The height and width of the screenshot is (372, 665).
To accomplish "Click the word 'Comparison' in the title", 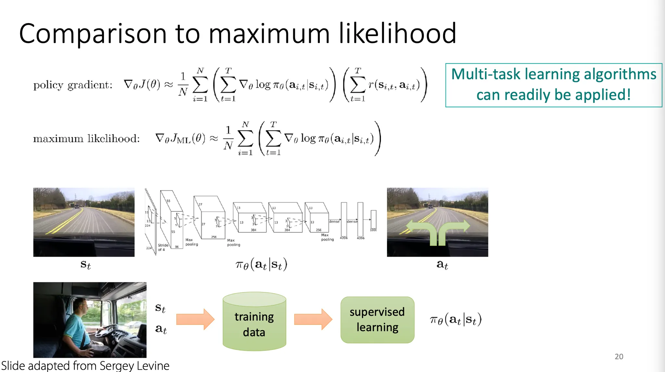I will pos(93,34).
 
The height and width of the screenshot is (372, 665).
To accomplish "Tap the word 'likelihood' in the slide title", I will pos(397,33).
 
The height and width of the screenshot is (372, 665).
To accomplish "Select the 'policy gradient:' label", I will pos(73,85).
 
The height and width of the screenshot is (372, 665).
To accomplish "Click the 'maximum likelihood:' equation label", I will pos(86,139).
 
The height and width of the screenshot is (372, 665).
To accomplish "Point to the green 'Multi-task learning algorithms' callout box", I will pos(554,85).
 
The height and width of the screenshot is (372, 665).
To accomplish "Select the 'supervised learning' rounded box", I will pos(377,320).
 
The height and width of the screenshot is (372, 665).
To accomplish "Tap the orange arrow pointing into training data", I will pos(195,319).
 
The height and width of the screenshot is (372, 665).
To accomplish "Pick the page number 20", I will pos(619,356).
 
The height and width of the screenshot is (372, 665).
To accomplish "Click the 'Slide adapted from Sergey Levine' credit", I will pos(85,366).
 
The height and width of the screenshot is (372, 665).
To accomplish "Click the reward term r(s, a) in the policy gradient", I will pos(394,85).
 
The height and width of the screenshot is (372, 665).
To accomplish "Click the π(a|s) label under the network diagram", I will pos(261,265).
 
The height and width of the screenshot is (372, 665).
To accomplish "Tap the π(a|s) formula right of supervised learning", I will pos(456,320).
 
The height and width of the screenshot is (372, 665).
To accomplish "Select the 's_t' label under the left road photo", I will pos(85,265).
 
